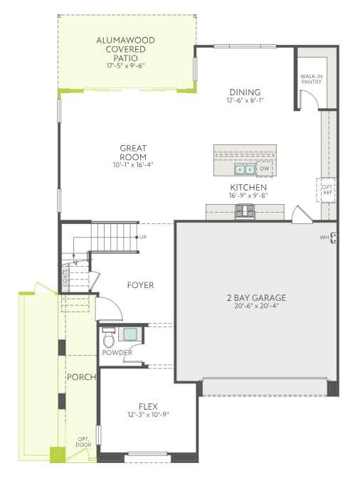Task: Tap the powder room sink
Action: (x=130, y=334)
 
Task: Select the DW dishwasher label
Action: (x=264, y=169)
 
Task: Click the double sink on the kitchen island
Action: (x=245, y=169)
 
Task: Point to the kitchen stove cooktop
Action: (x=245, y=211)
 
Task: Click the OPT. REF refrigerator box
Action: (x=327, y=190)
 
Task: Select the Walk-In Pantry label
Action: (x=311, y=79)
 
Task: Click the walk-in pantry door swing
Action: (x=310, y=98)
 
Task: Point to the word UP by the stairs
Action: (x=143, y=237)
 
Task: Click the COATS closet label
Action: (x=65, y=277)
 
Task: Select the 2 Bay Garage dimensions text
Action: (x=257, y=306)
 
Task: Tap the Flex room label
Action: (x=148, y=406)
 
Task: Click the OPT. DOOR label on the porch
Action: (x=83, y=442)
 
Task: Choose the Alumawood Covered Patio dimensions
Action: (x=125, y=65)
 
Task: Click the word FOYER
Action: (x=140, y=285)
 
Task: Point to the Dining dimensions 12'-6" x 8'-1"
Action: (x=245, y=100)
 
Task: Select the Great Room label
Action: (x=133, y=152)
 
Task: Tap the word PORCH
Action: (x=81, y=377)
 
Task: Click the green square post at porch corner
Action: (x=58, y=455)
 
